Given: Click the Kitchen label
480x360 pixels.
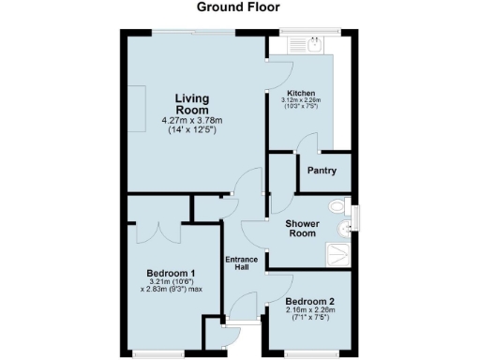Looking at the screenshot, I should [x=301, y=93].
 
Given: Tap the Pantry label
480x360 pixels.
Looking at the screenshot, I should [x=322, y=171].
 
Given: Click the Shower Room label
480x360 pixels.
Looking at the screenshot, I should [x=303, y=229].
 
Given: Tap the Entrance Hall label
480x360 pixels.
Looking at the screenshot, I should [x=241, y=263].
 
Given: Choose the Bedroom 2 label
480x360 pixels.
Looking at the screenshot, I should [x=309, y=302].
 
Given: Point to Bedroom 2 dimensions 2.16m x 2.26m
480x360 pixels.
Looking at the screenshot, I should [x=309, y=314].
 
